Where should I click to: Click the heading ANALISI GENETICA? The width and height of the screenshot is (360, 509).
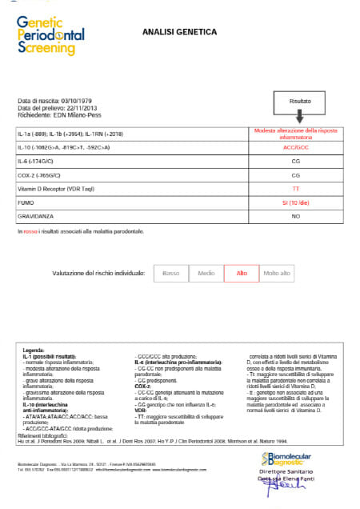click(179, 32)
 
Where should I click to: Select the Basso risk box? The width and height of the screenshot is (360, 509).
click(171, 274)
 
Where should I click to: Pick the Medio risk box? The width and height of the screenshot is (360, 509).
click(206, 274)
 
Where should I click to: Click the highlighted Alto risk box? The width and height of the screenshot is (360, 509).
click(241, 274)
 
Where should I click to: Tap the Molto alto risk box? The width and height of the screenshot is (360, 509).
click(276, 274)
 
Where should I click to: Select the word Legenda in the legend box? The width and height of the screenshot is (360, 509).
click(34, 351)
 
